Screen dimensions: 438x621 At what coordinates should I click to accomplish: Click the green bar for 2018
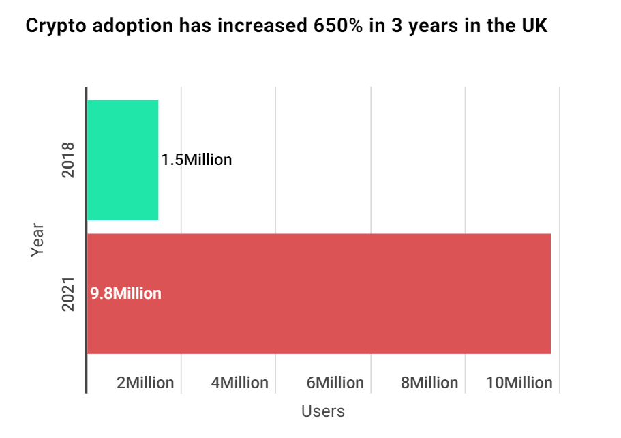point(123,160)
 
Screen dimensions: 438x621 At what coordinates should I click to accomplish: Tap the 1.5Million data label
point(196,160)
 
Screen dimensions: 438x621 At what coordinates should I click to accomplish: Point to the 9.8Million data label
point(125,294)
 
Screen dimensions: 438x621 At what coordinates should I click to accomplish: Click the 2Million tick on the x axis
point(145,383)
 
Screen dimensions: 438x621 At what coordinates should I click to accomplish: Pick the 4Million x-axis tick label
point(240,383)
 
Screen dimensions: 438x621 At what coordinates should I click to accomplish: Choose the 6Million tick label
point(335,383)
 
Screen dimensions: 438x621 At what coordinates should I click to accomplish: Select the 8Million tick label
point(429,383)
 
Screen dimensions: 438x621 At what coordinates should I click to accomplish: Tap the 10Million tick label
point(519,383)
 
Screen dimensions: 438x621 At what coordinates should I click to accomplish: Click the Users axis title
point(323,411)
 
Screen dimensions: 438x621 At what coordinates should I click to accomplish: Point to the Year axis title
point(37,239)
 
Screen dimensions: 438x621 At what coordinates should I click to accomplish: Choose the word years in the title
point(428,28)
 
